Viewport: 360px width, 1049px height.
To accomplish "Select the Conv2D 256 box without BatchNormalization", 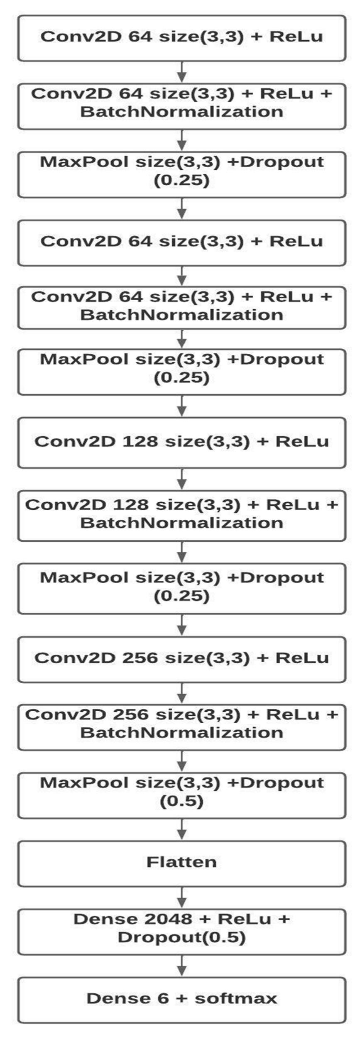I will (x=181, y=658).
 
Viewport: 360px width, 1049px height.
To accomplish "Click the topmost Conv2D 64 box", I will (x=181, y=37).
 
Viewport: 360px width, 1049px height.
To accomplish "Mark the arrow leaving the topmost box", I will (x=181, y=72).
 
